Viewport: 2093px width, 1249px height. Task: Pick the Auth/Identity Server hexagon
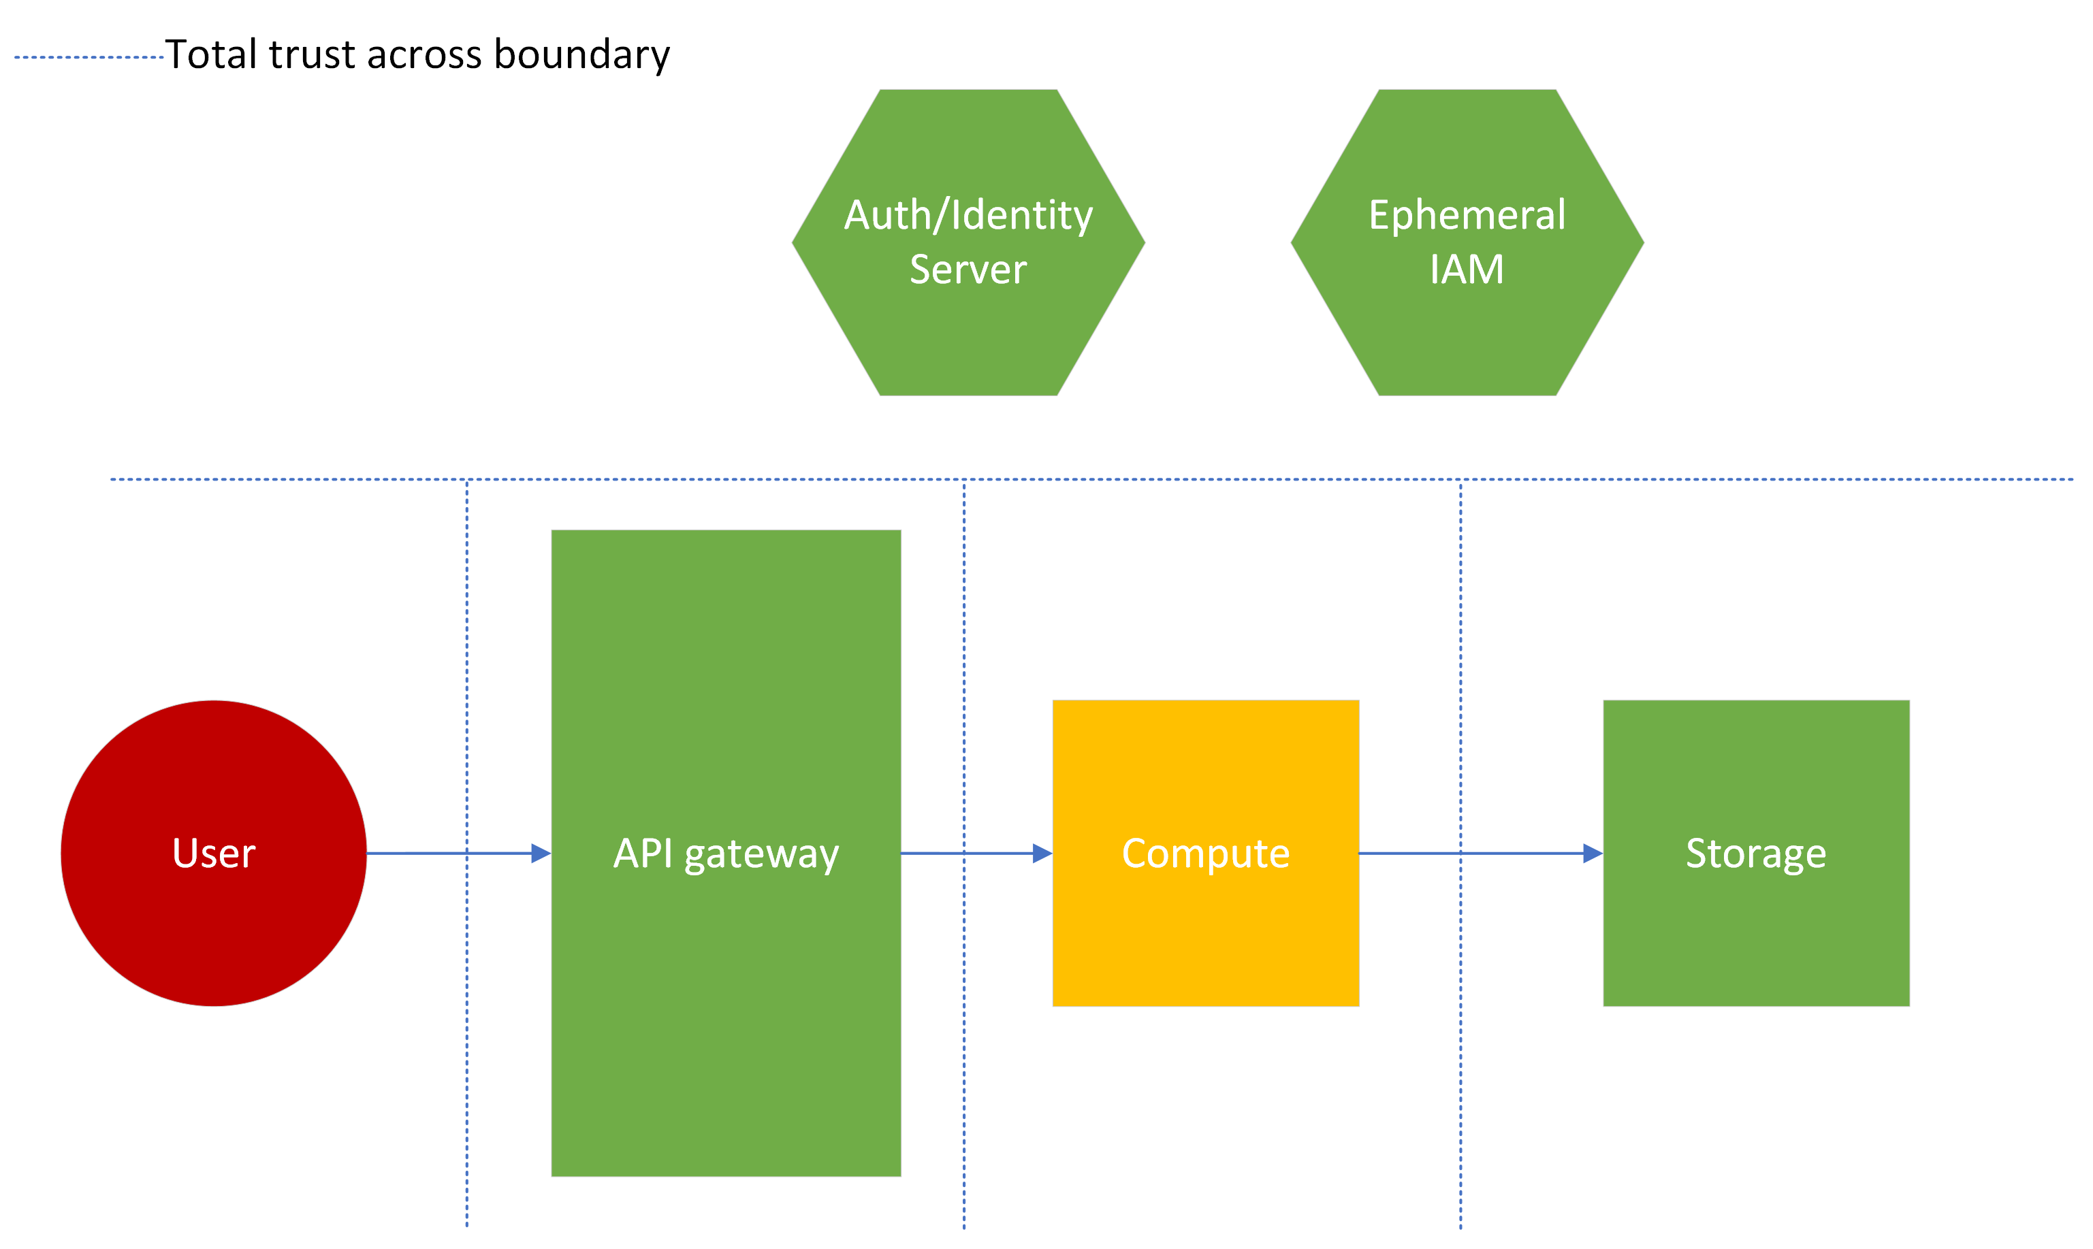click(968, 337)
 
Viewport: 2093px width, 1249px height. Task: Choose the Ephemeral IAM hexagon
click(1467, 337)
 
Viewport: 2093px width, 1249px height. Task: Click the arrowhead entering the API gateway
click(541, 854)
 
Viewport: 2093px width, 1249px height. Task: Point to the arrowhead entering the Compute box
click(1042, 854)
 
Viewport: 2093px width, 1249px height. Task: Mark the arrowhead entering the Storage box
click(1593, 854)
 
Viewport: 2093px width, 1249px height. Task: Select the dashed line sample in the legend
click(89, 57)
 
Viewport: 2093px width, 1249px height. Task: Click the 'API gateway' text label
click(726, 854)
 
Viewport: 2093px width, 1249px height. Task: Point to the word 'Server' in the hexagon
click(968, 270)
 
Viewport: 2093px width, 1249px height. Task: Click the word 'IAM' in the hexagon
click(1467, 270)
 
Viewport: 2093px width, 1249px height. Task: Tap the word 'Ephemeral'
click(1467, 216)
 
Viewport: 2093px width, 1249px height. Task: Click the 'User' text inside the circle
click(214, 854)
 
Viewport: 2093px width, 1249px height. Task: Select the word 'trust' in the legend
click(313, 54)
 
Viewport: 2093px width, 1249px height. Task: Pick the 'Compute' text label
click(1206, 854)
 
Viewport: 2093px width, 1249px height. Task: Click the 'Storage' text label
click(1756, 854)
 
